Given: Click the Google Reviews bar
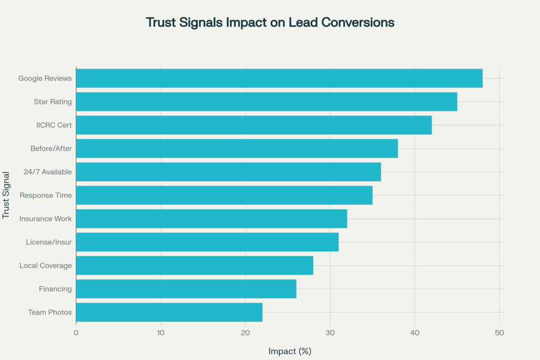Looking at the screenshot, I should click(279, 78).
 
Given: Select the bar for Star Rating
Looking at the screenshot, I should click(266, 102).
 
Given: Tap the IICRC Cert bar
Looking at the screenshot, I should click(254, 125).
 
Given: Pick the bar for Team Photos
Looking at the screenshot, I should click(169, 312).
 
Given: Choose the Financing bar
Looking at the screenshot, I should click(186, 289).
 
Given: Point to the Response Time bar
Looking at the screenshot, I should click(224, 195).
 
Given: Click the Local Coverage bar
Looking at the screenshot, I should click(195, 265).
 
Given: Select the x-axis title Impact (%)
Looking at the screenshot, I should click(290, 351).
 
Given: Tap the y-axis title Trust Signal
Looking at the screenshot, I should click(7, 195).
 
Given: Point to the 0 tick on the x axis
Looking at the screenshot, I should click(76, 333).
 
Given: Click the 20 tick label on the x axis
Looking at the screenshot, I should click(245, 333).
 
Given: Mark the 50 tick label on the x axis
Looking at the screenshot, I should click(499, 333).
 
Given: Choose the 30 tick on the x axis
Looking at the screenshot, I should click(330, 333).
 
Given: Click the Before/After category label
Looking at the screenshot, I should click(51, 149).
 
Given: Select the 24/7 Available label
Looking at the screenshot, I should click(47, 172).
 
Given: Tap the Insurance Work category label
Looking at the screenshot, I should click(45, 218).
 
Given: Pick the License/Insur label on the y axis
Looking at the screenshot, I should click(49, 242).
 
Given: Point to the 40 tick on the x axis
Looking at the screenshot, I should click(414, 333).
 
